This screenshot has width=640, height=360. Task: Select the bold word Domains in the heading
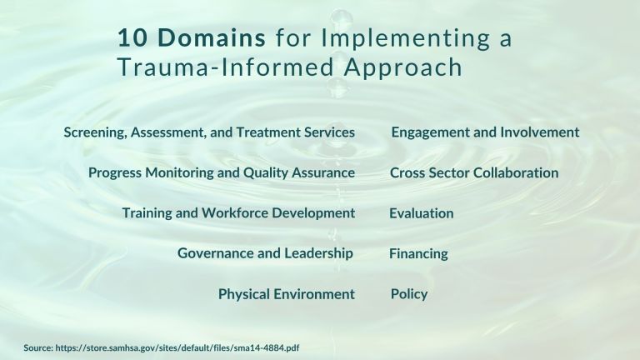[x=212, y=37]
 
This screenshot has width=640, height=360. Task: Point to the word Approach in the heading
[x=403, y=67]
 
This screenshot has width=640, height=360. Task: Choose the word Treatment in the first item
[x=268, y=132]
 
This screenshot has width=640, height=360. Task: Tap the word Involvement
[x=540, y=132]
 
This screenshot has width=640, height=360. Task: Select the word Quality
[x=266, y=172]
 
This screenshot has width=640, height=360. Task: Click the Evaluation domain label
[x=421, y=213]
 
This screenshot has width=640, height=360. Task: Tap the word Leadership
[x=318, y=253]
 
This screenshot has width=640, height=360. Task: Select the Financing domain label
[x=418, y=253]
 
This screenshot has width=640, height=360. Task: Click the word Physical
[x=244, y=294]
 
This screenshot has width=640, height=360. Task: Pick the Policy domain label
[x=409, y=294]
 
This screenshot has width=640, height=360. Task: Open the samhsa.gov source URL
[x=177, y=347]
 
